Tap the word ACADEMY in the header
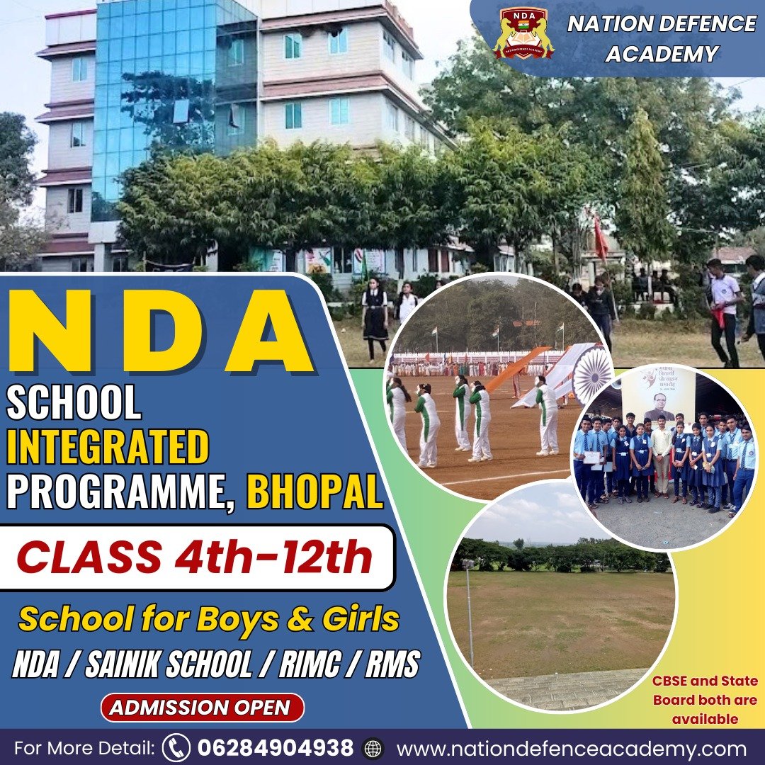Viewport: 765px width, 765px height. [x=662, y=54]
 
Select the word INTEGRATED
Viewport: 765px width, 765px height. [x=108, y=446]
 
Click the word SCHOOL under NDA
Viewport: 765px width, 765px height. [x=74, y=402]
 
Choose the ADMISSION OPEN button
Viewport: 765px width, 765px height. [x=203, y=708]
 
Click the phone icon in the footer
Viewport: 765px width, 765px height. [x=176, y=747]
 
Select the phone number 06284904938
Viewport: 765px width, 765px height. [x=275, y=747]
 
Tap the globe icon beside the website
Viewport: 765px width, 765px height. [x=373, y=748]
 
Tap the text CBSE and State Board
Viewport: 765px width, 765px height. [x=705, y=691]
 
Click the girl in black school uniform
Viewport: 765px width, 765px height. [x=375, y=318]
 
